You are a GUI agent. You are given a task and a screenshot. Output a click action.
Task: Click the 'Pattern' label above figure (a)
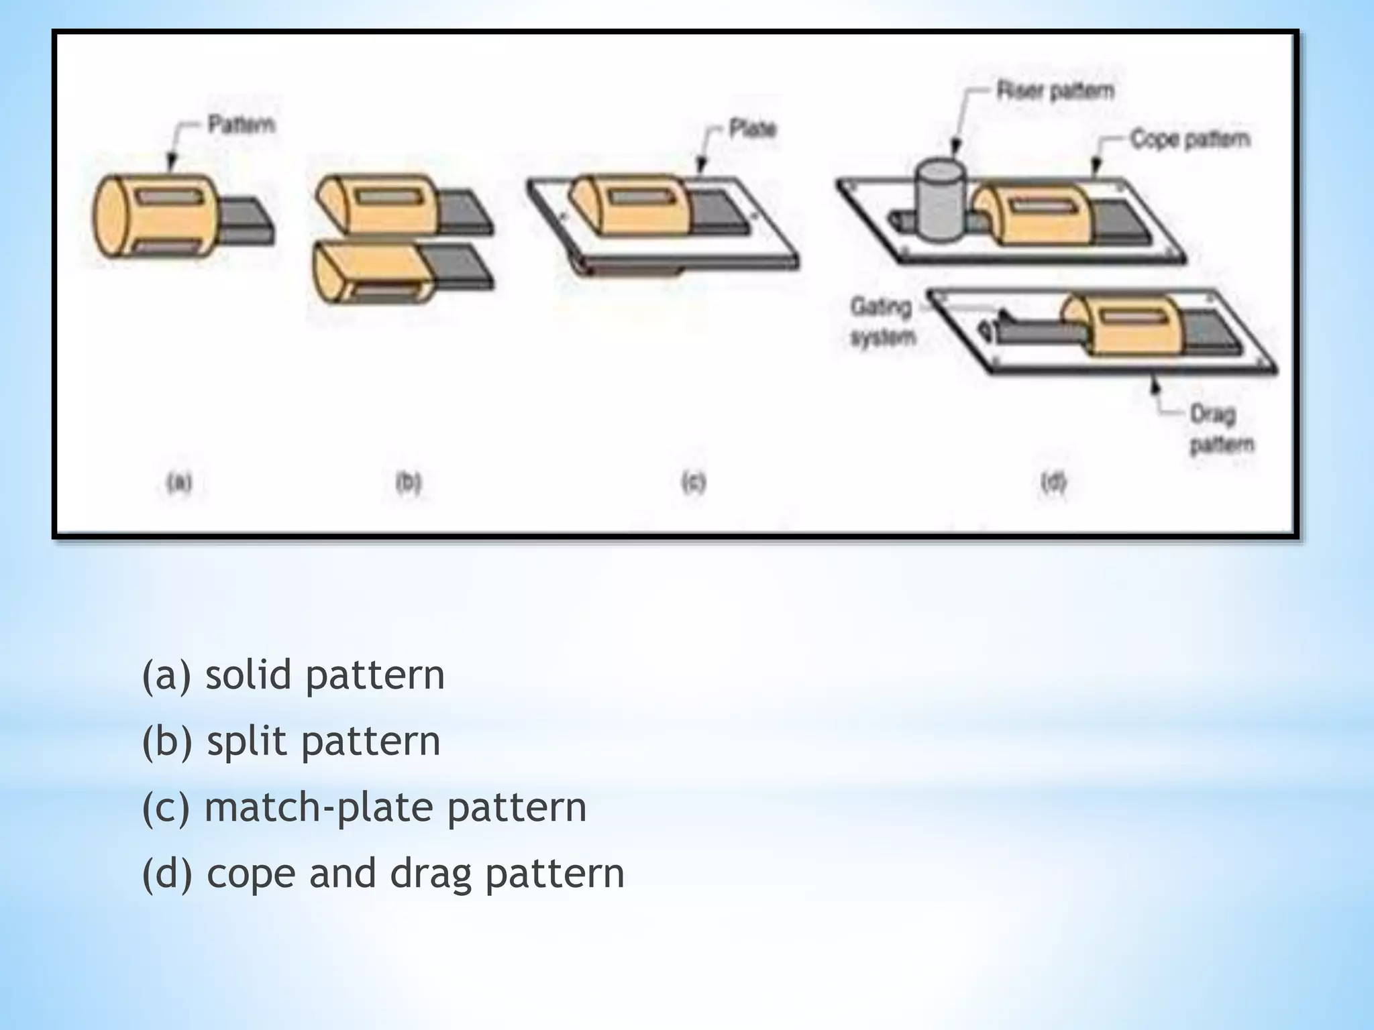[x=241, y=125]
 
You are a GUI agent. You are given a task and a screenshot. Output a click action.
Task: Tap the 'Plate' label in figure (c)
[x=752, y=128]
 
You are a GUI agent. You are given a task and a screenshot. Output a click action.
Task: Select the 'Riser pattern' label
[x=1055, y=90]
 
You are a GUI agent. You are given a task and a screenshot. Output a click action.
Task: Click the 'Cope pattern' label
[x=1190, y=139]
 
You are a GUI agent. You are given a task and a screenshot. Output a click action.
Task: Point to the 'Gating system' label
[x=882, y=321]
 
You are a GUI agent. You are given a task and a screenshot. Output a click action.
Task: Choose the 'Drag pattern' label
[x=1221, y=429]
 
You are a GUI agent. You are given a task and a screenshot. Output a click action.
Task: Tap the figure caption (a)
[x=179, y=482]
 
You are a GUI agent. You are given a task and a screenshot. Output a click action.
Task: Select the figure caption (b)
[x=408, y=482]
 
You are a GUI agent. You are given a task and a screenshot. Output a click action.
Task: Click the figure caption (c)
[x=694, y=482]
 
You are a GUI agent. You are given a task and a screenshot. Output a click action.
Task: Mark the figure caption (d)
[x=1053, y=482]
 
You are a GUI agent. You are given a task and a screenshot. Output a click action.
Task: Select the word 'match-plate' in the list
[x=318, y=807]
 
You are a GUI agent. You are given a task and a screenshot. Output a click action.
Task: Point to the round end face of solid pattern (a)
[x=111, y=217]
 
